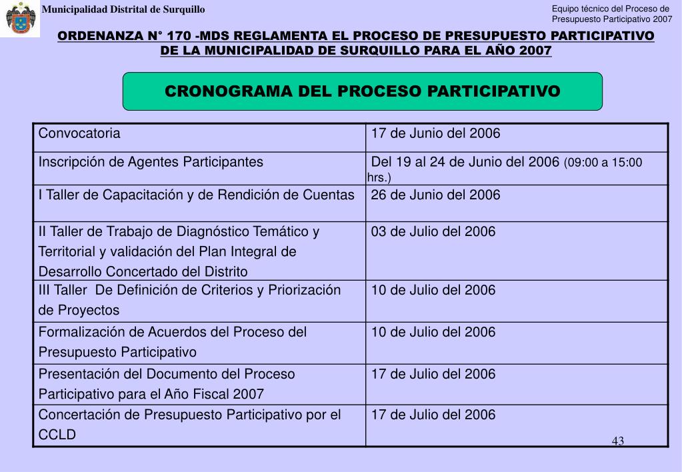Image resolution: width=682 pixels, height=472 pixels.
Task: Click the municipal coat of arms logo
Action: coord(19,18)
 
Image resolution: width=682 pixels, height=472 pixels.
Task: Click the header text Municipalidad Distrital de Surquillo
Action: coord(123,9)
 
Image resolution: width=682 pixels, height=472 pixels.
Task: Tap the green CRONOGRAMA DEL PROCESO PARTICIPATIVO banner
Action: coord(363,91)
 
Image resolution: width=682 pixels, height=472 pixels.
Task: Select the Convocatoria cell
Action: coord(79,133)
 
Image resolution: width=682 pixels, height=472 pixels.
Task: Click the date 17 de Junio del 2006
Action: coord(435,133)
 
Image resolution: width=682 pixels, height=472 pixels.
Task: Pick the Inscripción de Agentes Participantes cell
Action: coord(151,162)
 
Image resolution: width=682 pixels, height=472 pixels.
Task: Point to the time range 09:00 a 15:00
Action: coord(604,163)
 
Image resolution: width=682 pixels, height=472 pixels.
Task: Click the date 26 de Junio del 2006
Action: coord(435,195)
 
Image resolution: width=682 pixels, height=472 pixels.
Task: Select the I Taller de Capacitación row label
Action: coord(196,195)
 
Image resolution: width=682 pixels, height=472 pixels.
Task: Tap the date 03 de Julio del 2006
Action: coord(433,231)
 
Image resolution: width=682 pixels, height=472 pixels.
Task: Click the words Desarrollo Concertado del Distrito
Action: coord(143,271)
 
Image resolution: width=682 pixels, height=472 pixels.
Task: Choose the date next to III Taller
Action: coord(433,290)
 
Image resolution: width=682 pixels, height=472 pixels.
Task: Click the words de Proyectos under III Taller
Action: coord(79,310)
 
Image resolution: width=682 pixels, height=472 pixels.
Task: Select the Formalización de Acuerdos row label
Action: coord(172,332)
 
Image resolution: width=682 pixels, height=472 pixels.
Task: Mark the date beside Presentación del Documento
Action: coord(433,374)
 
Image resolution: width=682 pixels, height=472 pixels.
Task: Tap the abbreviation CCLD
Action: coord(57,435)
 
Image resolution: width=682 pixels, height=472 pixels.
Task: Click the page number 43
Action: coord(617,441)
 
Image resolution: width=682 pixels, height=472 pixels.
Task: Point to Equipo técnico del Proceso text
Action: coord(610,9)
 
